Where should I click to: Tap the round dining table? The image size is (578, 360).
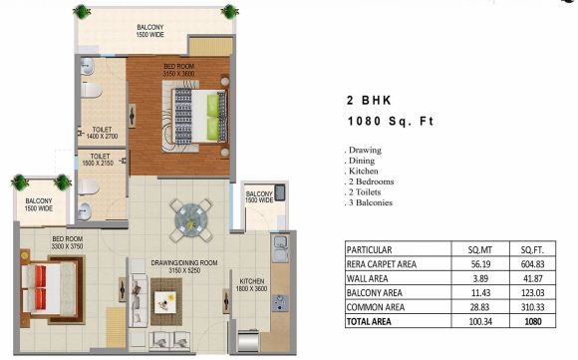pos(190,221)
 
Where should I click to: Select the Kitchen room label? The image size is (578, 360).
pos(252,285)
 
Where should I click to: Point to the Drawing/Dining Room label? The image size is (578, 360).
pos(184,266)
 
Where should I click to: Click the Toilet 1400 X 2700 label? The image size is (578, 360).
pos(102,133)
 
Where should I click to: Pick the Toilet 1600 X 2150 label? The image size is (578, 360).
pos(98,160)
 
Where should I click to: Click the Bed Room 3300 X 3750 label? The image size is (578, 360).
pos(68,242)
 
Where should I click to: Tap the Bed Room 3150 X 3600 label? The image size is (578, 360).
pos(178,70)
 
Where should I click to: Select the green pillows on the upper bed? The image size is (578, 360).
pos(212,118)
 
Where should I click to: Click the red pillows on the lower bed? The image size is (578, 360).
pos(41,287)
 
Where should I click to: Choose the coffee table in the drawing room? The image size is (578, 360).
pos(165,302)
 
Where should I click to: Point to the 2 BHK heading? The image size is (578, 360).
pos(369,101)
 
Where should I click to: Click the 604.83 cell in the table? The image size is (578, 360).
pos(533,264)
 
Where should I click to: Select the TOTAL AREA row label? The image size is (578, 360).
pos(369,322)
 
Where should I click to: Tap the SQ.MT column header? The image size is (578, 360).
pos(480,250)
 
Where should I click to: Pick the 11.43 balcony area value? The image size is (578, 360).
pos(480,293)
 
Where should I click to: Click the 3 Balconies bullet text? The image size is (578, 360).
pos(369,202)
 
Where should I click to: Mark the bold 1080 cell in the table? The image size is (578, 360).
pos(533,322)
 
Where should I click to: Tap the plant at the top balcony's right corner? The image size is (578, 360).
pos(230,11)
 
